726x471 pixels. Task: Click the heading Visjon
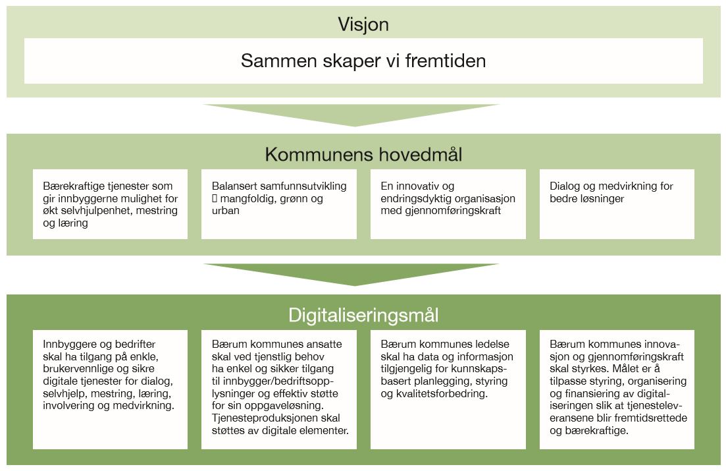pos(363,24)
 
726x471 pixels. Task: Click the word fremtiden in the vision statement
pos(446,61)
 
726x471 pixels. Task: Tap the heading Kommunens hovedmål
pos(363,154)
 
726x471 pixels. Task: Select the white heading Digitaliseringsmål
pos(363,316)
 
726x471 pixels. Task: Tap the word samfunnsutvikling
pos(303,186)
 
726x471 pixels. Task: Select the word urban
pos(226,210)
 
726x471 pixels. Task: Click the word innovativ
pos(418,186)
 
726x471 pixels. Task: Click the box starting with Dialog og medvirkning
pos(617,204)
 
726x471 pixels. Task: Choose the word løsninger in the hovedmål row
pos(602,198)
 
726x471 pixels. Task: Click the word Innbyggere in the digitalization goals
pos(69,345)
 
